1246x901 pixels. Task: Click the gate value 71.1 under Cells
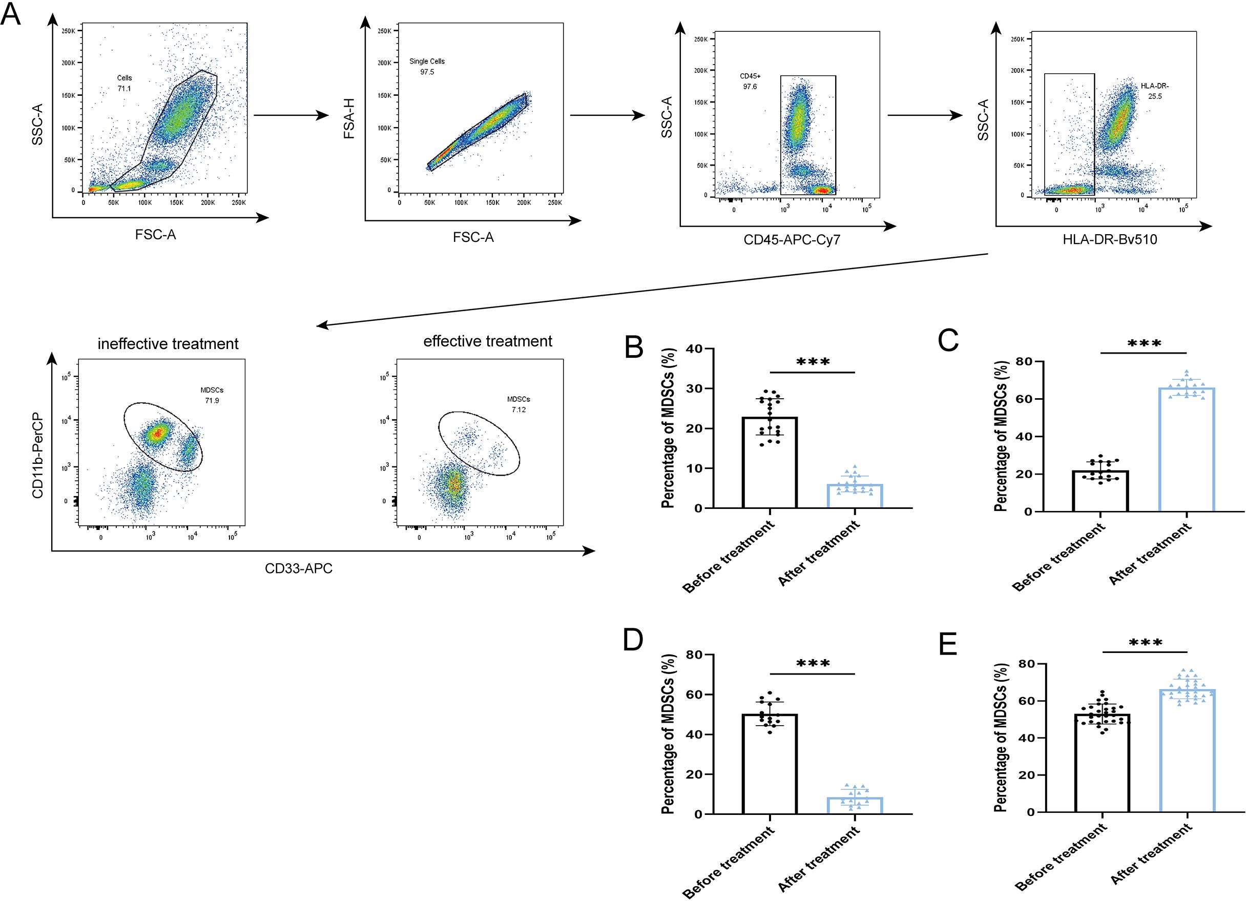click(x=124, y=89)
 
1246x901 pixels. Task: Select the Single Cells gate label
click(x=427, y=62)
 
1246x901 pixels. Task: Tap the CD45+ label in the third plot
click(x=750, y=76)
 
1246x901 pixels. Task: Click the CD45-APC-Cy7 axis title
click(x=792, y=240)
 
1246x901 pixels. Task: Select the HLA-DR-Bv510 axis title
click(x=1110, y=240)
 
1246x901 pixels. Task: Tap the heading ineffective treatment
click(x=168, y=344)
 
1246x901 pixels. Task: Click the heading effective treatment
click(x=487, y=341)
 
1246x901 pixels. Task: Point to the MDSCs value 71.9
click(x=212, y=401)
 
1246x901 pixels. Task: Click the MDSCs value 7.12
click(x=518, y=409)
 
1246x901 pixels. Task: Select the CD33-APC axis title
click(x=298, y=568)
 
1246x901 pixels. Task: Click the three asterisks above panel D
click(x=813, y=664)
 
